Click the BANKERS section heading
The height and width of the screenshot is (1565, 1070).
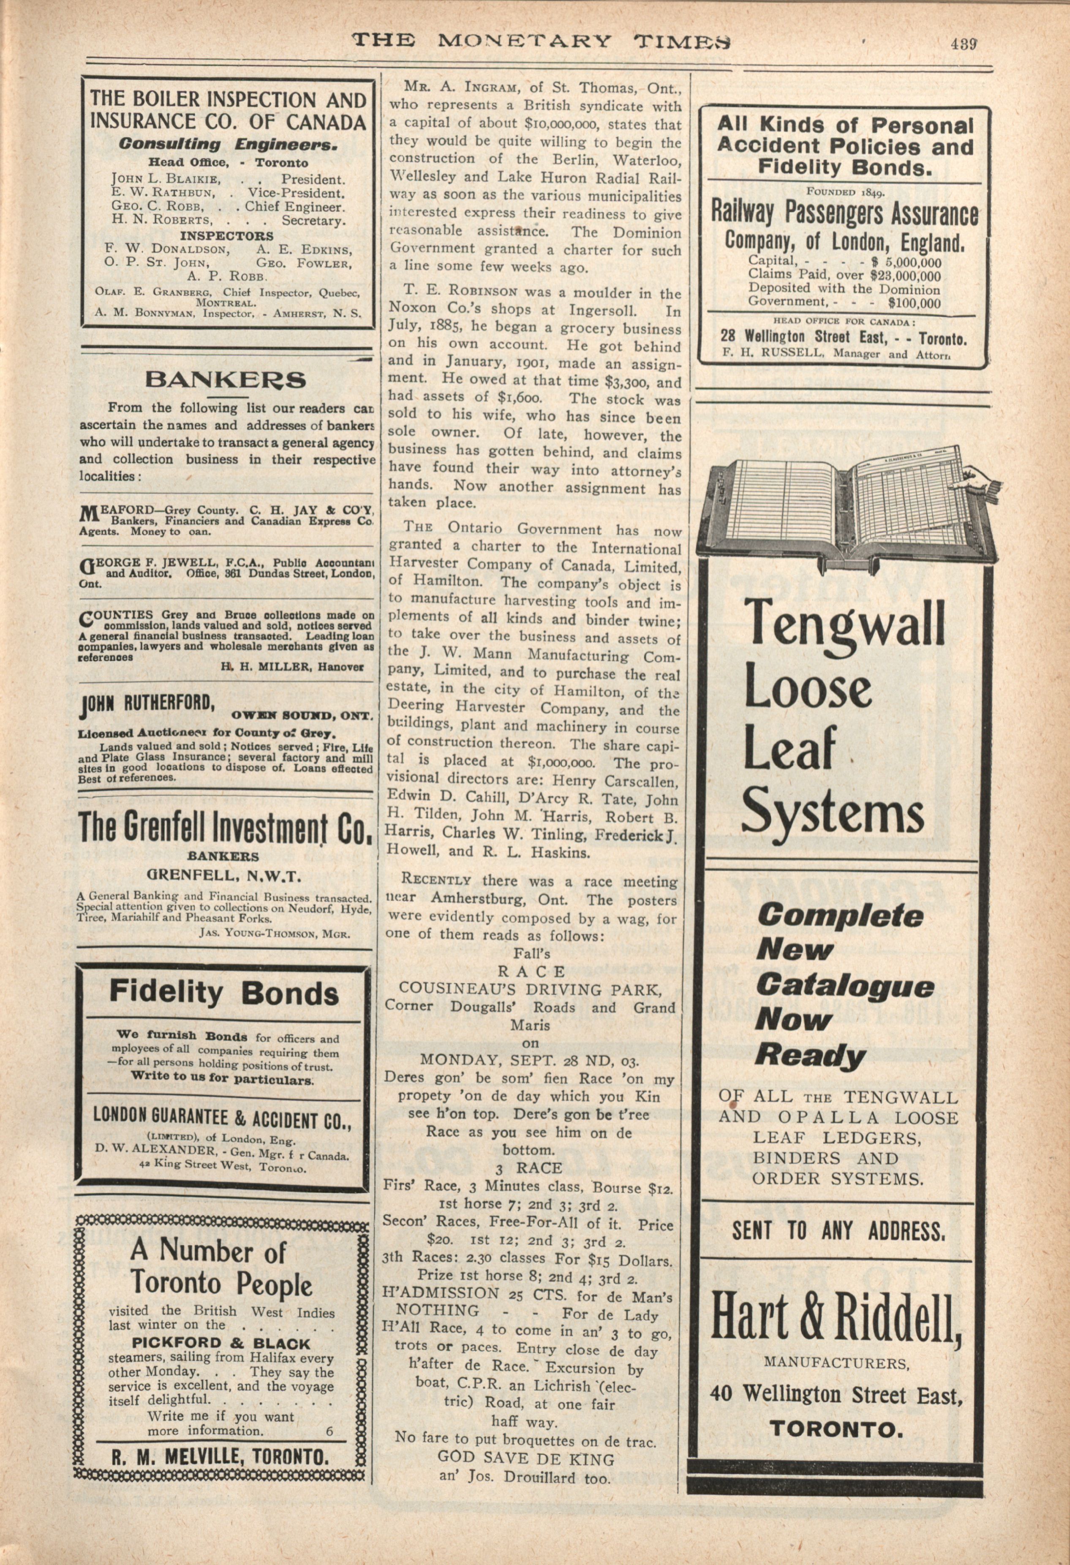[x=226, y=380]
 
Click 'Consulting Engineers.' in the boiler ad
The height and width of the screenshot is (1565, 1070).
[x=228, y=144]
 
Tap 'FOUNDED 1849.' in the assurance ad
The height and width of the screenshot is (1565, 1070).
[x=846, y=191]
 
